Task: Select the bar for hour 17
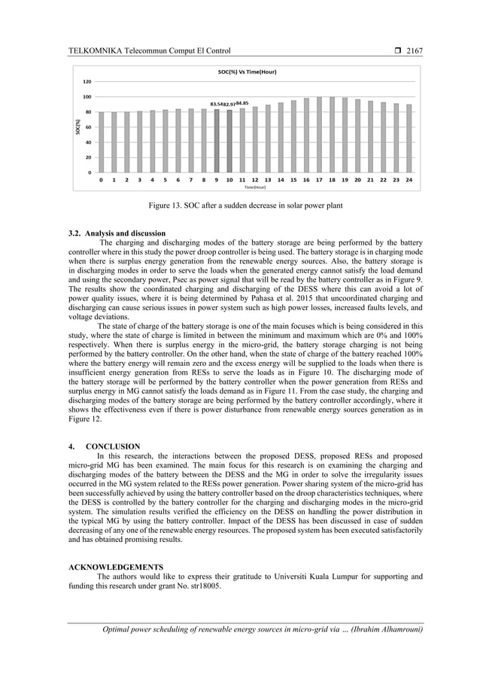[319, 135]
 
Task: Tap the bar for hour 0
[102, 142]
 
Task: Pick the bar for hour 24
[409, 139]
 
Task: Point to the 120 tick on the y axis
[87, 81]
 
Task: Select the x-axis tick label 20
[357, 181]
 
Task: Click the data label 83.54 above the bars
[217, 103]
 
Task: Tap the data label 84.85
[242, 102]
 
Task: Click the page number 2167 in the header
[415, 51]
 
